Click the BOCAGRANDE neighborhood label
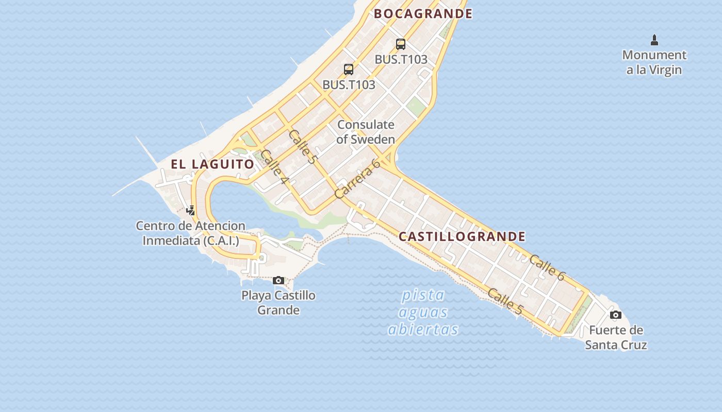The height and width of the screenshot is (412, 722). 423,14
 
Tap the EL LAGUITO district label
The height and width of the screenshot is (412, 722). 212,164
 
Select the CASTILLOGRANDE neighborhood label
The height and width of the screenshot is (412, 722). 462,237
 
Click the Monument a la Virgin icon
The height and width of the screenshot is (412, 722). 654,40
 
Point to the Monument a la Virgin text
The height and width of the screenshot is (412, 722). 654,62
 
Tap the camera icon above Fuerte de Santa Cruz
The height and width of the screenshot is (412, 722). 615,315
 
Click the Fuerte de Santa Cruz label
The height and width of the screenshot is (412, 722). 616,337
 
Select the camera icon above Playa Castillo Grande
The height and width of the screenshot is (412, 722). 278,280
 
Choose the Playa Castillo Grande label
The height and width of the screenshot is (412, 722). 278,303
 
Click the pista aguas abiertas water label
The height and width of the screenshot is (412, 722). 423,312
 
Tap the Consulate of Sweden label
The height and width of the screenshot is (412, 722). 366,132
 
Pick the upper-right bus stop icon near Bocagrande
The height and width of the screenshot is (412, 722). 401,44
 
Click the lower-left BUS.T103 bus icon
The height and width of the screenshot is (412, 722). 349,70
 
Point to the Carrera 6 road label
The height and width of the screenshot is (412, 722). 357,179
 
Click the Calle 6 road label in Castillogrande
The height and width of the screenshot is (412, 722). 547,268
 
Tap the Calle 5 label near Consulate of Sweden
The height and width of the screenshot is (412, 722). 302,147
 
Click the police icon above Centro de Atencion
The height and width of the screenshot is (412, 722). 191,210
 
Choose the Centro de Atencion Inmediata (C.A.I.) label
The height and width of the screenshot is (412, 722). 191,233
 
